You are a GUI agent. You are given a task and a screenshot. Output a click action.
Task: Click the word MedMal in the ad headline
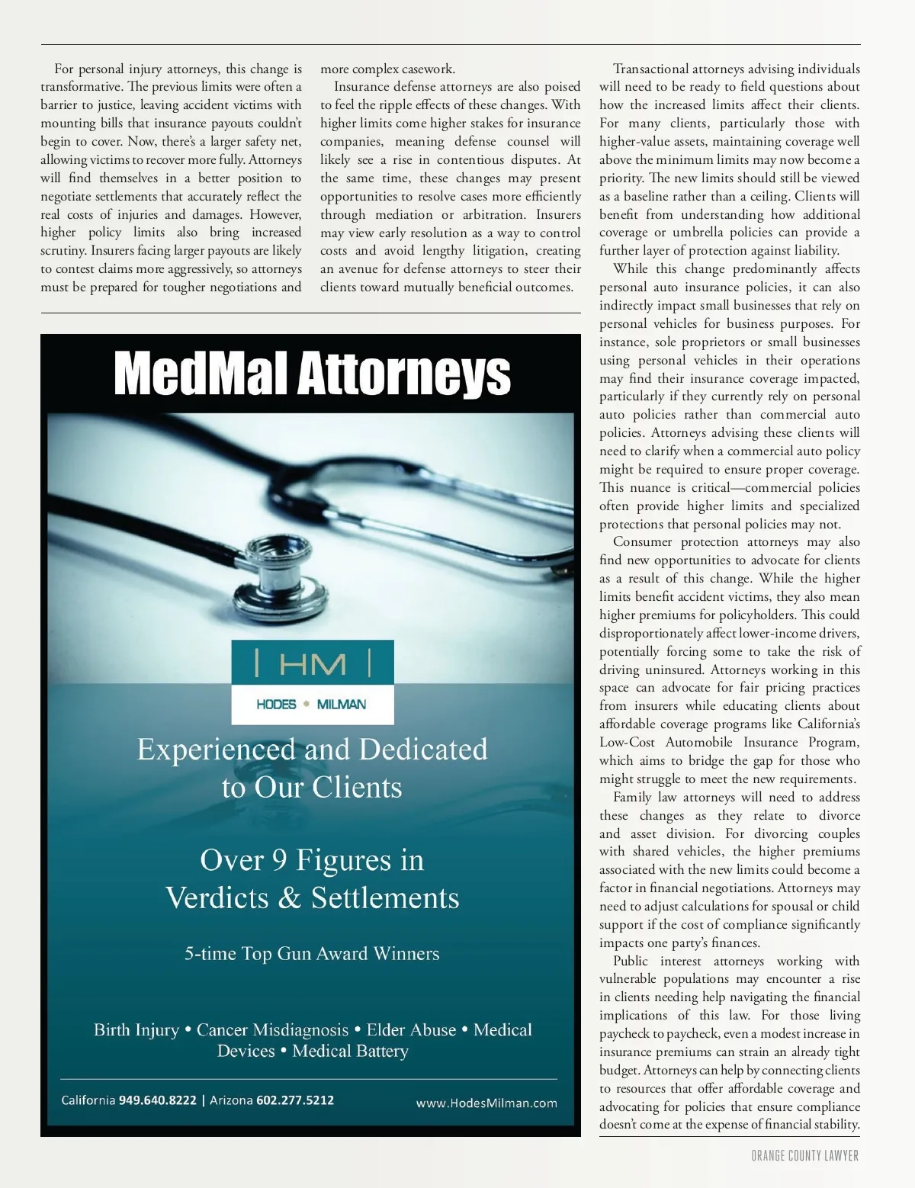click(x=201, y=374)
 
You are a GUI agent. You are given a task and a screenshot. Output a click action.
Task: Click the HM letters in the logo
click(x=312, y=664)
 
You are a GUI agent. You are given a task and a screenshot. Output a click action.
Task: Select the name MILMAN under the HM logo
click(x=341, y=705)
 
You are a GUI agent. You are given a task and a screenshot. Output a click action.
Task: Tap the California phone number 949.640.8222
click(x=158, y=1100)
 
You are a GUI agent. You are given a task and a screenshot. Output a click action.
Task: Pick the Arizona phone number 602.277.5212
click(x=295, y=1100)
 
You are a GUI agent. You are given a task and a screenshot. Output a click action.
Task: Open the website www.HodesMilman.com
click(x=486, y=1103)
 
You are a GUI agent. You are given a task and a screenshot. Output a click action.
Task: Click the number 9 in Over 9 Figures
click(x=279, y=861)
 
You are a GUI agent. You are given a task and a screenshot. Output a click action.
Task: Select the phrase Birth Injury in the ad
click(x=136, y=1030)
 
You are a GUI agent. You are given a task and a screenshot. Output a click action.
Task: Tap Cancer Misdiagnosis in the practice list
click(x=272, y=1030)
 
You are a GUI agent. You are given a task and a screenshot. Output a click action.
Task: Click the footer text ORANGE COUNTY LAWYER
click(x=805, y=1156)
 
